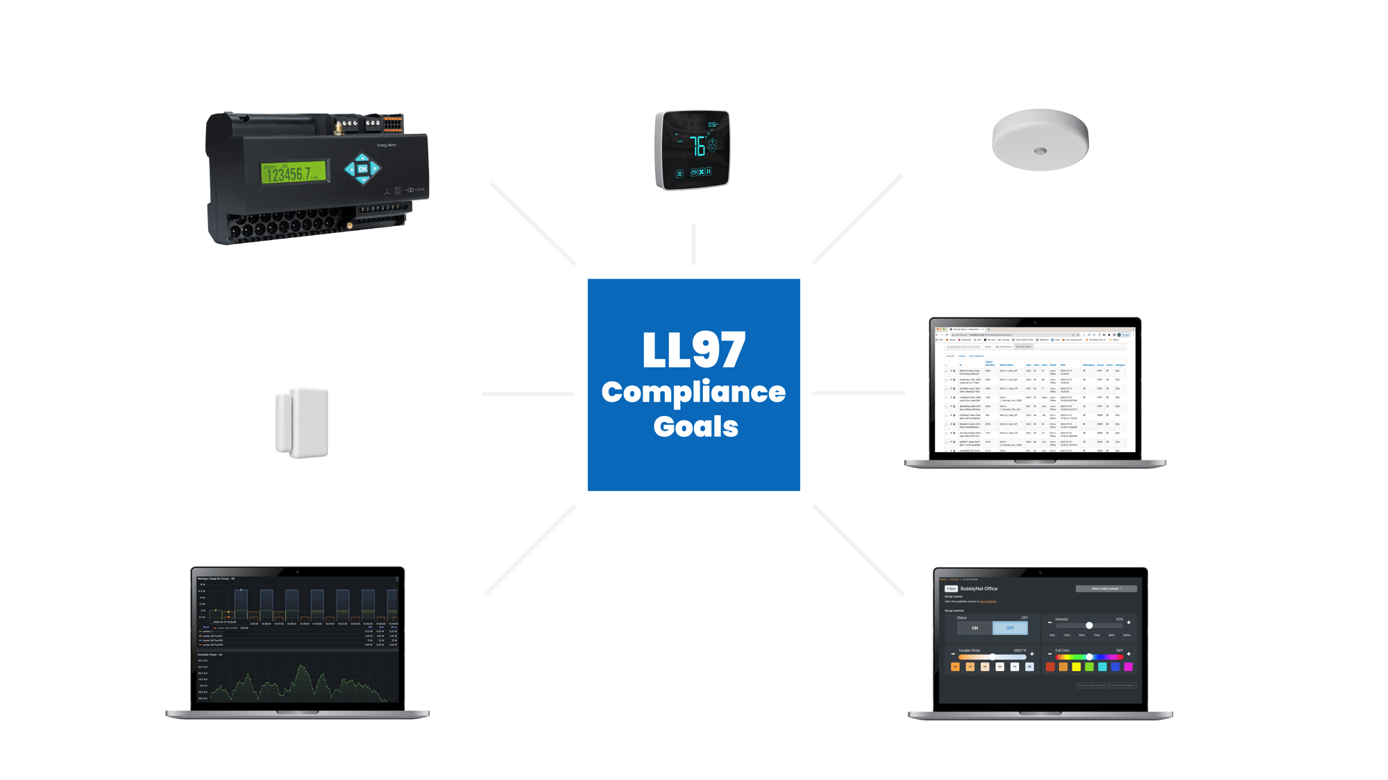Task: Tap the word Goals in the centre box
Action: (695, 426)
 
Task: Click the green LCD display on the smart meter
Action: (294, 173)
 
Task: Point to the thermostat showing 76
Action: (693, 149)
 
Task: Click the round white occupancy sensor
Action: (1040, 140)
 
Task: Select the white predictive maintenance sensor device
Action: (302, 422)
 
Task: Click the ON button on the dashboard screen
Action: (975, 628)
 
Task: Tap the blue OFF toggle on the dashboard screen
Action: (1010, 628)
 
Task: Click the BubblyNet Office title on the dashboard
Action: (979, 589)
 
